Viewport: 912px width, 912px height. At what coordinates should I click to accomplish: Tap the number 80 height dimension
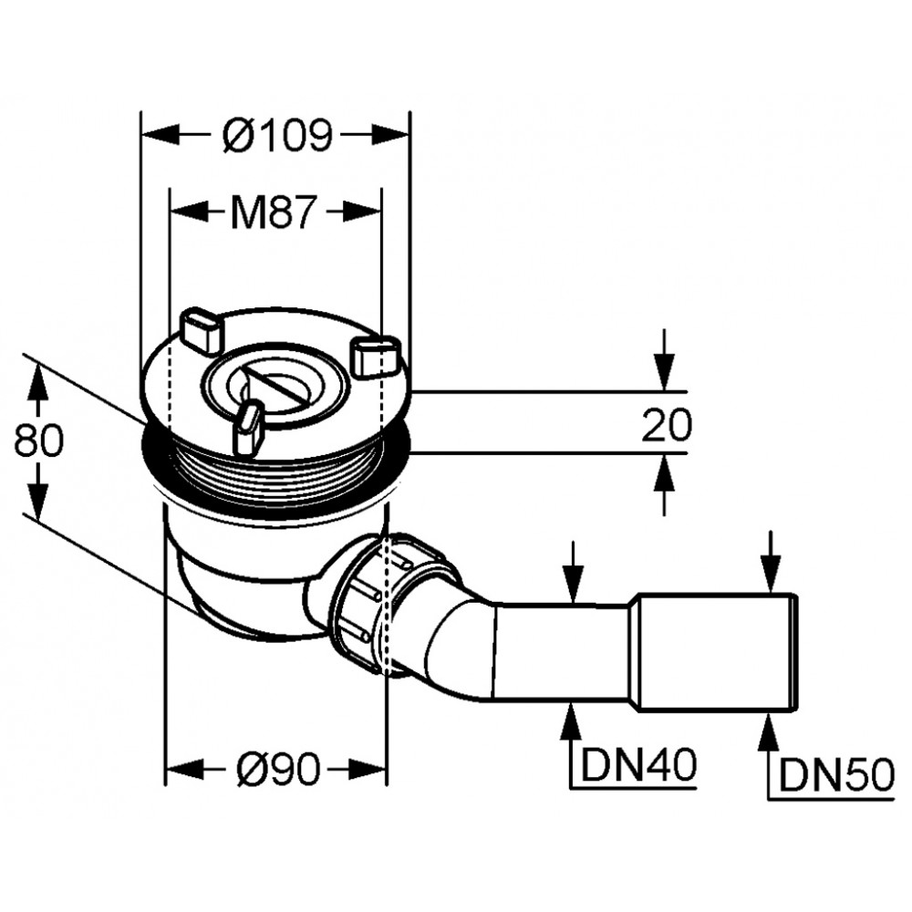pyautogui.click(x=38, y=440)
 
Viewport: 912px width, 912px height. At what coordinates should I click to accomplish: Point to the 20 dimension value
pyautogui.click(x=667, y=424)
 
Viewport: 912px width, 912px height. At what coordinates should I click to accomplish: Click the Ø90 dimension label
pyautogui.click(x=278, y=362)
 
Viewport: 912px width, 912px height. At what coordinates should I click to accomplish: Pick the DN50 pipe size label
pyautogui.click(x=836, y=776)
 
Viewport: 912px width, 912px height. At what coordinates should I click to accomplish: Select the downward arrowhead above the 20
pyautogui.click(x=664, y=370)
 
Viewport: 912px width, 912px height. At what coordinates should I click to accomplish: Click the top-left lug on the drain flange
pyautogui.click(x=202, y=331)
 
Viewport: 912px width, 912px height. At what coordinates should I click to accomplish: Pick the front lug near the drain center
pyautogui.click(x=247, y=428)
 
